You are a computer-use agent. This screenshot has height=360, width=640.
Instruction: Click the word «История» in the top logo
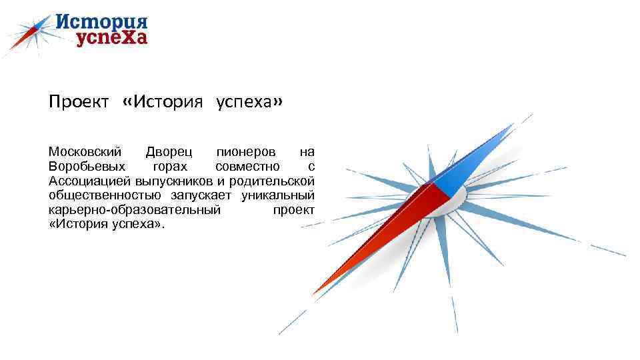pyautogui.click(x=101, y=21)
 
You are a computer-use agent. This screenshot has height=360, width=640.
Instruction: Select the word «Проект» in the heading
pyautogui.click(x=78, y=103)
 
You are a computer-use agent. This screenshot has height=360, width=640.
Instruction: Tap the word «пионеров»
pyautogui.click(x=244, y=152)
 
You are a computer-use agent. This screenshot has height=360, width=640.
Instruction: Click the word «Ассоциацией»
pyautogui.click(x=89, y=181)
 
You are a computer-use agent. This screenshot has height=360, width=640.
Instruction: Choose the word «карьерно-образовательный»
pyautogui.click(x=134, y=211)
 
